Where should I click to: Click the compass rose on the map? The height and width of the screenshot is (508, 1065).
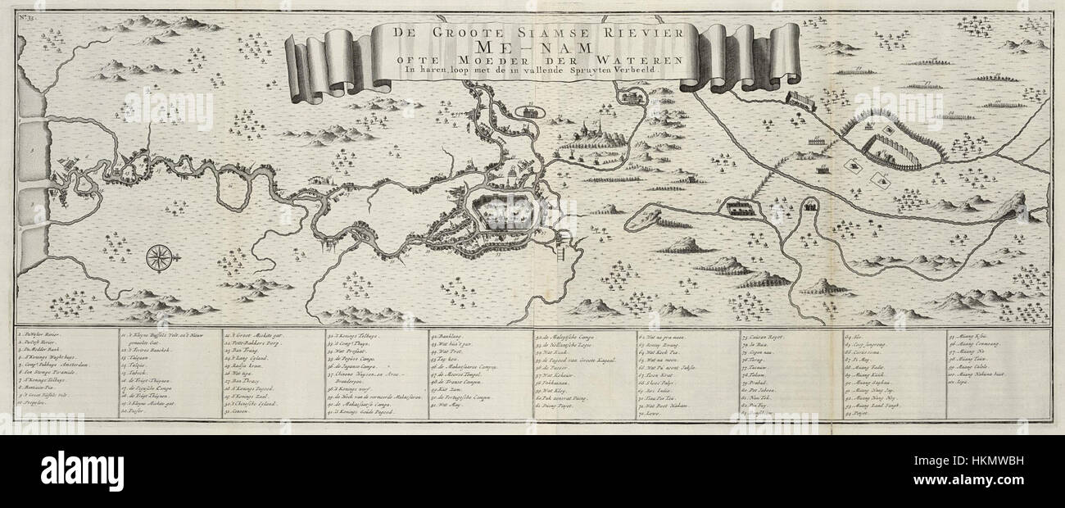click(x=159, y=258)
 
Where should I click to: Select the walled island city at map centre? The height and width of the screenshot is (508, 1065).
click(x=501, y=215)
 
